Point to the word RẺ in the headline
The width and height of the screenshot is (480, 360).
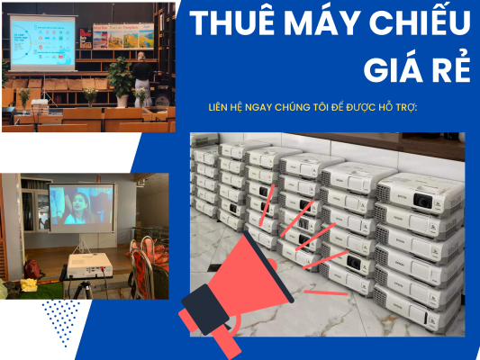[449, 68]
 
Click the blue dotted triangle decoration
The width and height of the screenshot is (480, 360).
[61, 319]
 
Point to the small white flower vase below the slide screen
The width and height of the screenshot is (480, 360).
[89, 96]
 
